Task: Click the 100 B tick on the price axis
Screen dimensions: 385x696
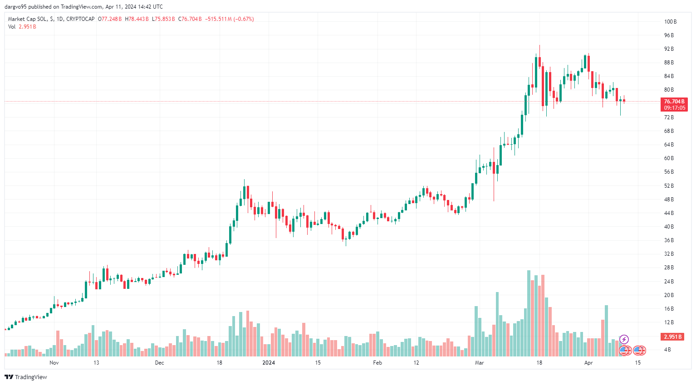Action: pyautogui.click(x=670, y=22)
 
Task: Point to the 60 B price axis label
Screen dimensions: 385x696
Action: pyautogui.click(x=669, y=158)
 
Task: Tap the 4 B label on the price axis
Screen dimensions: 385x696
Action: pyautogui.click(x=667, y=350)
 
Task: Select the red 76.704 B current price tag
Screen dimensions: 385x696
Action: pyautogui.click(x=674, y=102)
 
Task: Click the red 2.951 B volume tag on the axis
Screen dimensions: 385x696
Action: pyautogui.click(x=673, y=337)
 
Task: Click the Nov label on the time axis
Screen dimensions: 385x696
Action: pyautogui.click(x=54, y=363)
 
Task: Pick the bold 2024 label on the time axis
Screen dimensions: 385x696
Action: pyautogui.click(x=269, y=363)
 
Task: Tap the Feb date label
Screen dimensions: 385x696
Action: pyautogui.click(x=377, y=363)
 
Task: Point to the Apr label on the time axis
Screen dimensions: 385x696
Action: pyautogui.click(x=588, y=363)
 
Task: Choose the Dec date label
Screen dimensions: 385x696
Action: pyautogui.click(x=159, y=363)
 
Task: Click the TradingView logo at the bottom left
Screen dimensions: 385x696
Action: pyautogui.click(x=26, y=377)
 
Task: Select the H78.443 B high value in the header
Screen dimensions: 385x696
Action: pyautogui.click(x=137, y=19)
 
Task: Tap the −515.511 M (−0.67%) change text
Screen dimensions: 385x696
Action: pyautogui.click(x=230, y=19)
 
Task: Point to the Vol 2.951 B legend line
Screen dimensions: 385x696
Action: pyautogui.click(x=22, y=27)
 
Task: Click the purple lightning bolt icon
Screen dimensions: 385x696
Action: pyautogui.click(x=624, y=339)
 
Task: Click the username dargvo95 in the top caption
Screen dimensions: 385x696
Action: pyautogui.click(x=16, y=7)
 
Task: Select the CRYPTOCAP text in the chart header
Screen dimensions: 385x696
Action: pyautogui.click(x=80, y=19)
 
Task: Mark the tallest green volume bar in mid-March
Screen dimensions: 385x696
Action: pyautogui.click(x=529, y=313)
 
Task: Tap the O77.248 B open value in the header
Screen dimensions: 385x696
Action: pyautogui.click(x=110, y=19)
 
